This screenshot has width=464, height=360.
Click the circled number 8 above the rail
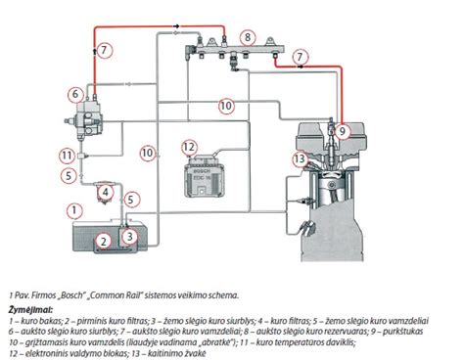click(248, 37)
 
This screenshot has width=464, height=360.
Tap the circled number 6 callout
click(74, 95)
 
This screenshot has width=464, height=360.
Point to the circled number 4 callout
click(105, 192)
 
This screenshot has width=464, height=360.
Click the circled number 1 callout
click(71, 209)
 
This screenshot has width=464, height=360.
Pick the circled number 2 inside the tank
click(100, 241)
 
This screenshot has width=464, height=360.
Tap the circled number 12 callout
click(190, 148)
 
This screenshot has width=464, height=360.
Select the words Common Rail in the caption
click(111, 292)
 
